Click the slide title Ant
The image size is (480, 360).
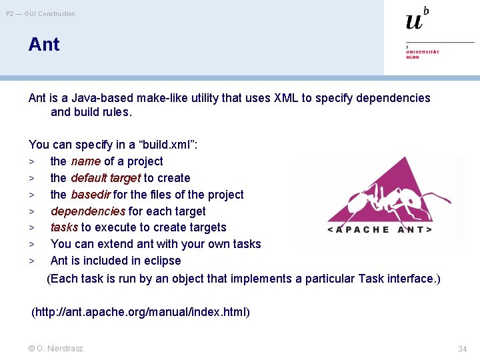pyautogui.click(x=44, y=45)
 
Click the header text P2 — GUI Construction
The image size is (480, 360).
pyautogui.click(x=41, y=14)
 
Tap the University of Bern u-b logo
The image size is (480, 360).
pyautogui.click(x=417, y=19)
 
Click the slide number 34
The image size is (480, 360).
pyautogui.click(x=463, y=349)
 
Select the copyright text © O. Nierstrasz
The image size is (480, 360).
pyautogui.click(x=56, y=349)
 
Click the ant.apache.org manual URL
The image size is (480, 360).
pyautogui.click(x=141, y=312)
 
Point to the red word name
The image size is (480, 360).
pyautogui.click(x=85, y=161)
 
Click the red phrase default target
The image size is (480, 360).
pyautogui.click(x=105, y=178)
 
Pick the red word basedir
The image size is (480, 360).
pyautogui.click(x=90, y=195)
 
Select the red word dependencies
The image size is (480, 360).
pyautogui.click(x=87, y=211)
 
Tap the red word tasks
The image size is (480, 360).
pyautogui.click(x=64, y=227)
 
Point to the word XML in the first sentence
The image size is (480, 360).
pyautogui.click(x=285, y=98)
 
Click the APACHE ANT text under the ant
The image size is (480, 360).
pyautogui.click(x=379, y=229)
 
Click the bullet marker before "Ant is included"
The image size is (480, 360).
pyautogui.click(x=31, y=261)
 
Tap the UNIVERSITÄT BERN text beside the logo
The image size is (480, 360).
pyautogui.click(x=423, y=54)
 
